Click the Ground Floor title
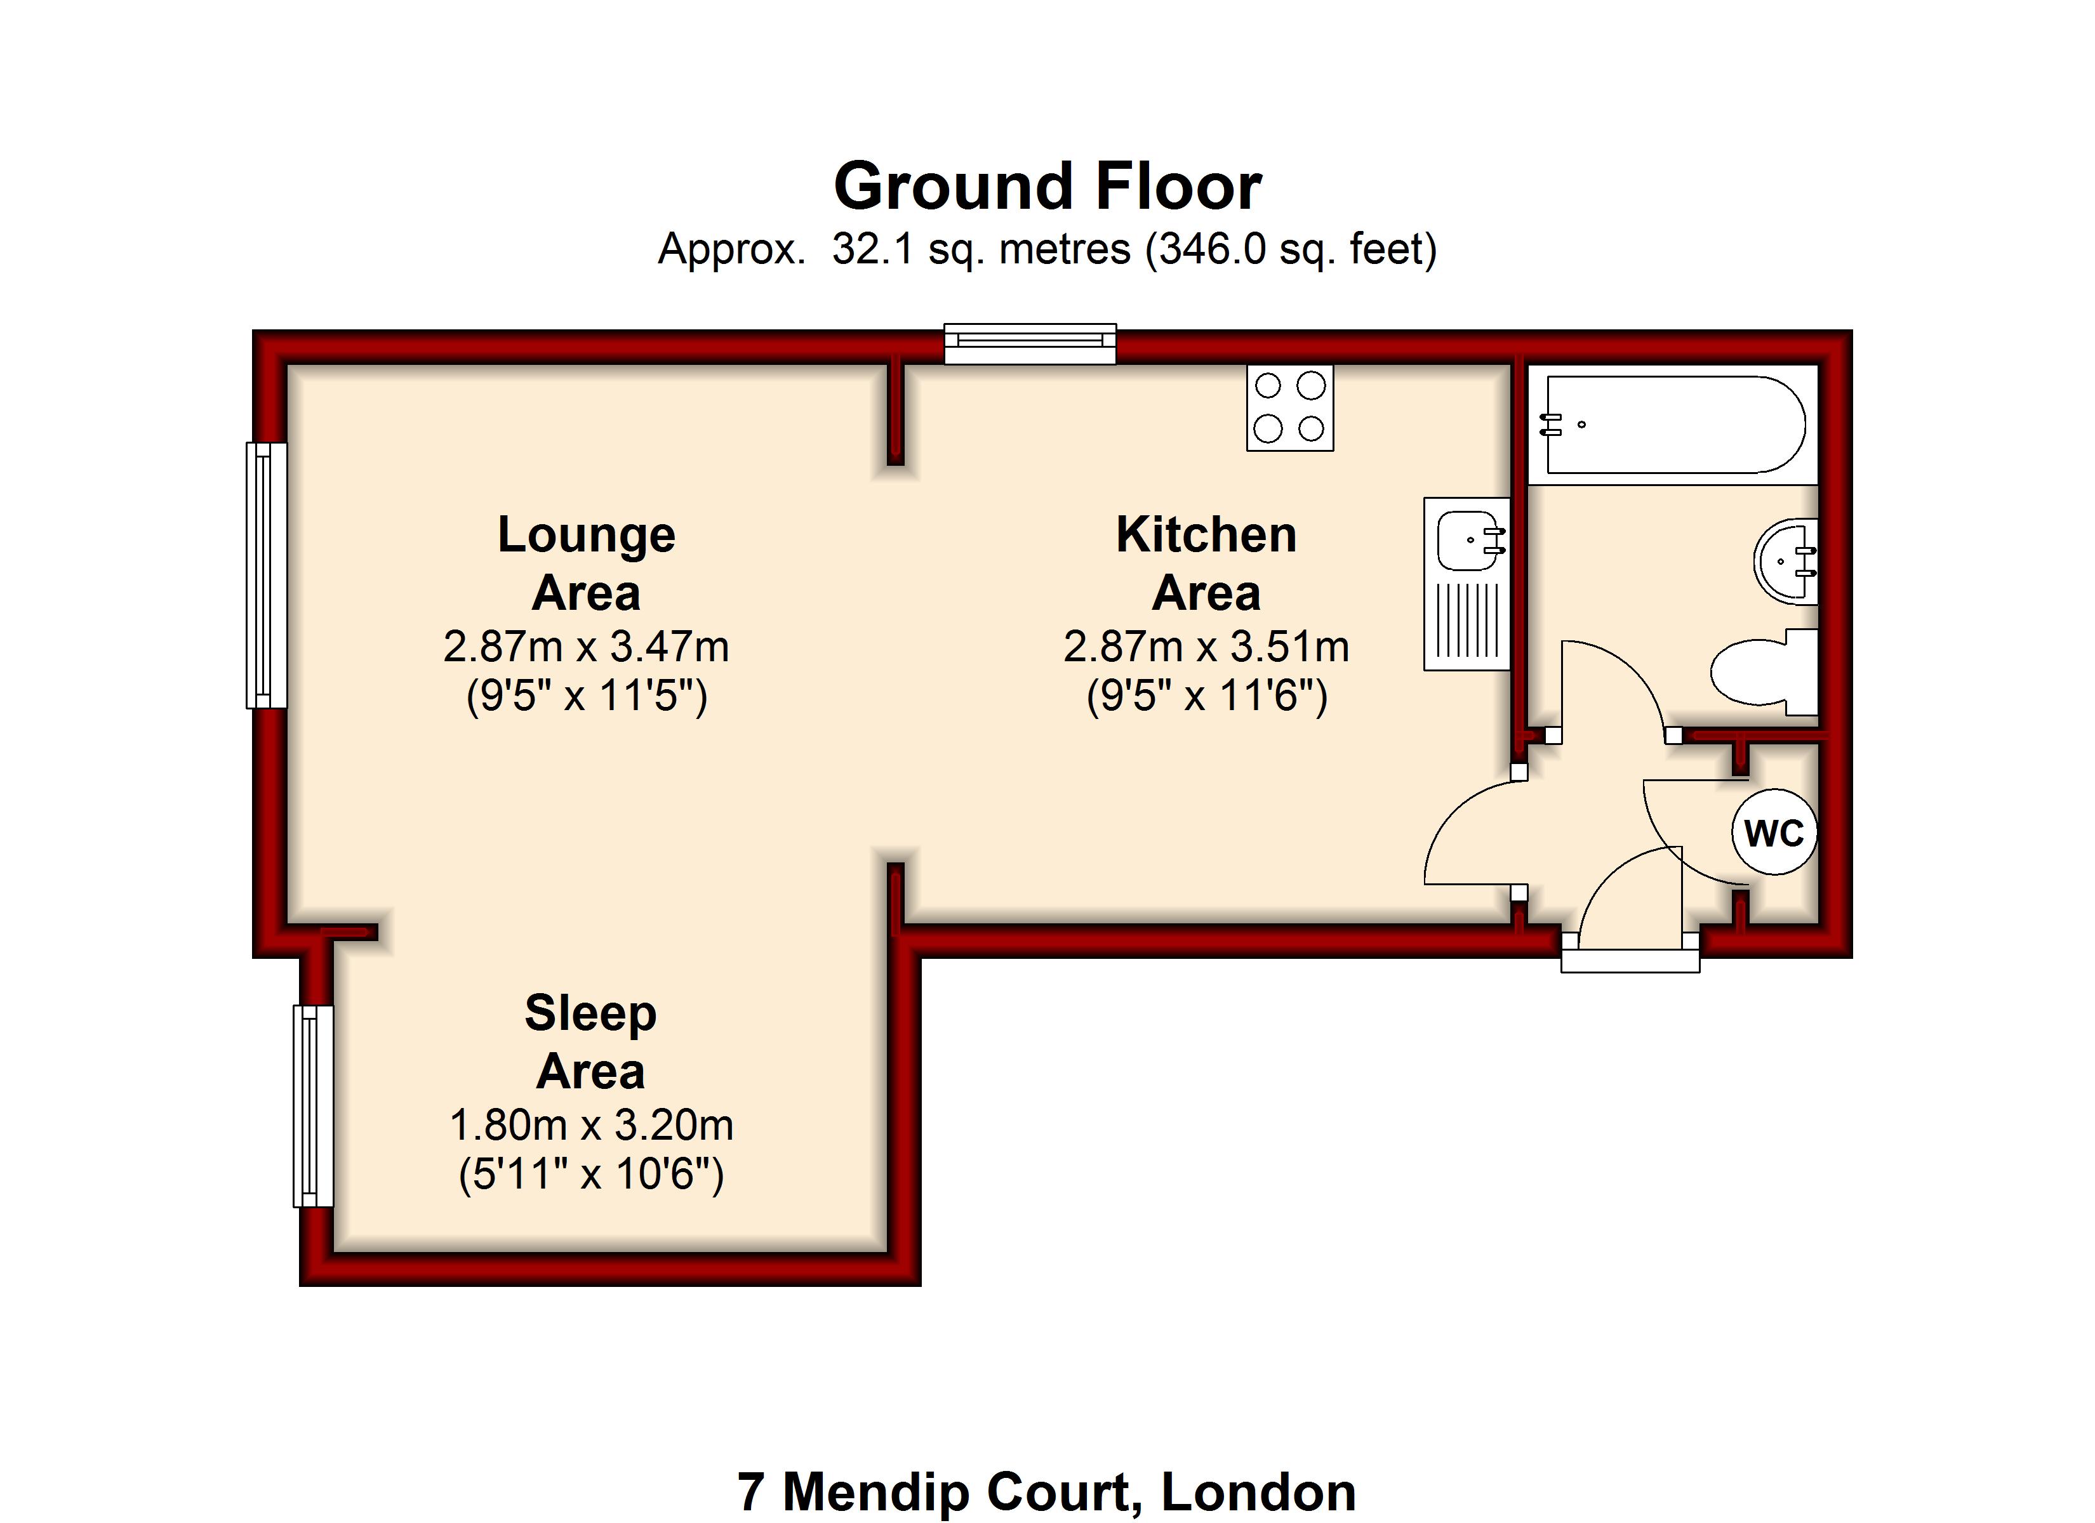(x=1047, y=186)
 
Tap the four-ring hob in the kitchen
(x=1289, y=407)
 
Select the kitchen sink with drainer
(x=1467, y=584)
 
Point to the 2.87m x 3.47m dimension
(x=587, y=647)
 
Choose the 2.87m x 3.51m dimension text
(x=1206, y=647)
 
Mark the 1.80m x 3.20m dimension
(x=591, y=1125)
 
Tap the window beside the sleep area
(x=313, y=1105)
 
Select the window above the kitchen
(x=1030, y=343)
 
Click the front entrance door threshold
(x=1630, y=961)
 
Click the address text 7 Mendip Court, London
(x=1047, y=1492)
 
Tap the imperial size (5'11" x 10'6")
(x=591, y=1175)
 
